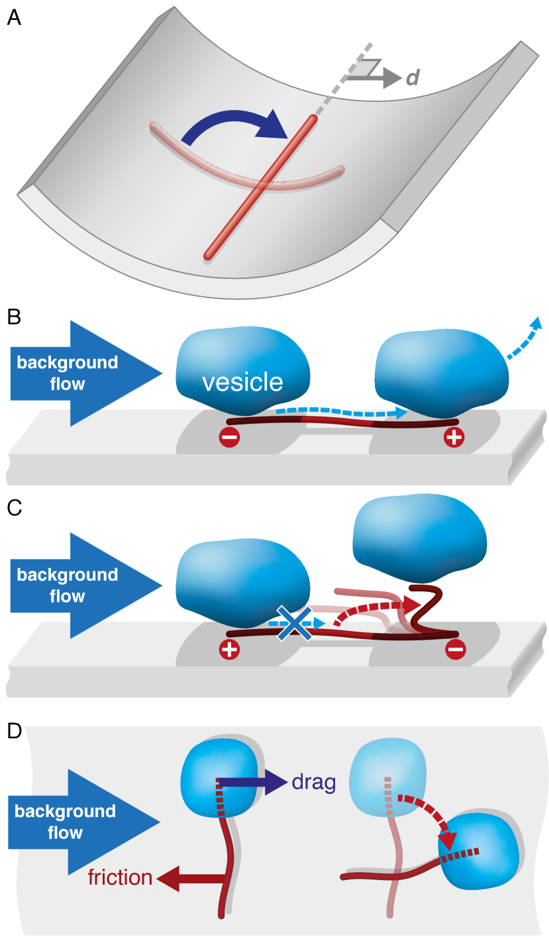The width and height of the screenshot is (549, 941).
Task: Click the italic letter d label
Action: coord(413,79)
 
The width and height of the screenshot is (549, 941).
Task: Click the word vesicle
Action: coord(242,382)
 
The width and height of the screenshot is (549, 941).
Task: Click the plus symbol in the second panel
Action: coord(454,437)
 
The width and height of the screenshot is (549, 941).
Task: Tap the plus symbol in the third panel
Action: coord(229,649)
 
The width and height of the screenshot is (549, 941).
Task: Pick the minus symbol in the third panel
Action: coord(456,649)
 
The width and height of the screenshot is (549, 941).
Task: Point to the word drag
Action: coord(313,783)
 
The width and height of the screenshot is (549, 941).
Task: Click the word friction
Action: coord(120,878)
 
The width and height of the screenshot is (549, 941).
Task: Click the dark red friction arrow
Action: coord(192,879)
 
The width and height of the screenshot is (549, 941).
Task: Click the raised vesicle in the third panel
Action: coord(420,537)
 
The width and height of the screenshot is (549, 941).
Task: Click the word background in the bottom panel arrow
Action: coord(65,811)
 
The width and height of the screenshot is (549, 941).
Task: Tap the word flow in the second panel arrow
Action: coord(68,384)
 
